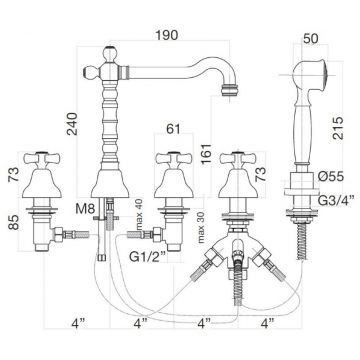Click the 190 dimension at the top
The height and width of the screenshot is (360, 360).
pyautogui.click(x=167, y=34)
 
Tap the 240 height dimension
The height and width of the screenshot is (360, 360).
pyautogui.click(x=72, y=124)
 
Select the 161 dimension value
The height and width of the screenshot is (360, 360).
pyautogui.click(x=206, y=153)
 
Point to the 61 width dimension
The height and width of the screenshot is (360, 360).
pyautogui.click(x=172, y=128)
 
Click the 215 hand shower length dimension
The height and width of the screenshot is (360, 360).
pyautogui.click(x=337, y=128)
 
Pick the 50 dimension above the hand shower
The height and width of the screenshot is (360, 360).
pyautogui.click(x=311, y=38)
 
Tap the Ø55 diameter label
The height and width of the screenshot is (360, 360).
pyautogui.click(x=330, y=177)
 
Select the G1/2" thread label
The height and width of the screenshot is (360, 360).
pyautogui.click(x=147, y=258)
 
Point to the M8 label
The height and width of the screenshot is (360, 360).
pyautogui.click(x=85, y=209)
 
